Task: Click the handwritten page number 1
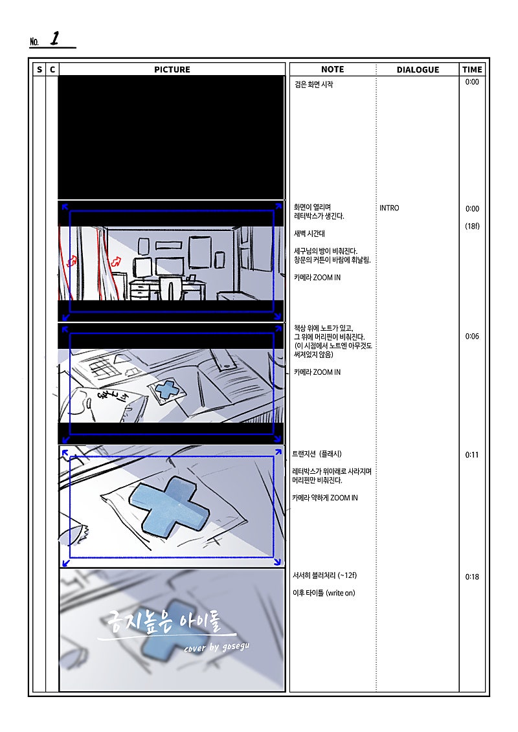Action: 55,38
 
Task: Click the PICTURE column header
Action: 172,69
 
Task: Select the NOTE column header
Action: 333,69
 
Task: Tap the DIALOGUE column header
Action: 418,69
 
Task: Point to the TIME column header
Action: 472,69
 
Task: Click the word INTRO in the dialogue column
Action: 389,208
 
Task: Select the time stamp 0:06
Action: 472,336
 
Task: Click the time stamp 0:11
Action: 472,455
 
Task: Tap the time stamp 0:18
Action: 472,577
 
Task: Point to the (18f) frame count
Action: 472,226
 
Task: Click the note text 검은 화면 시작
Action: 314,84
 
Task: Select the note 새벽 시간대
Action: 310,234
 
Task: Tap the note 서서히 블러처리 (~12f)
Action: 324,575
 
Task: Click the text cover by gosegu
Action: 217,647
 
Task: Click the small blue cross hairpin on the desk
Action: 167,390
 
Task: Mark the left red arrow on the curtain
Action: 73,261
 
